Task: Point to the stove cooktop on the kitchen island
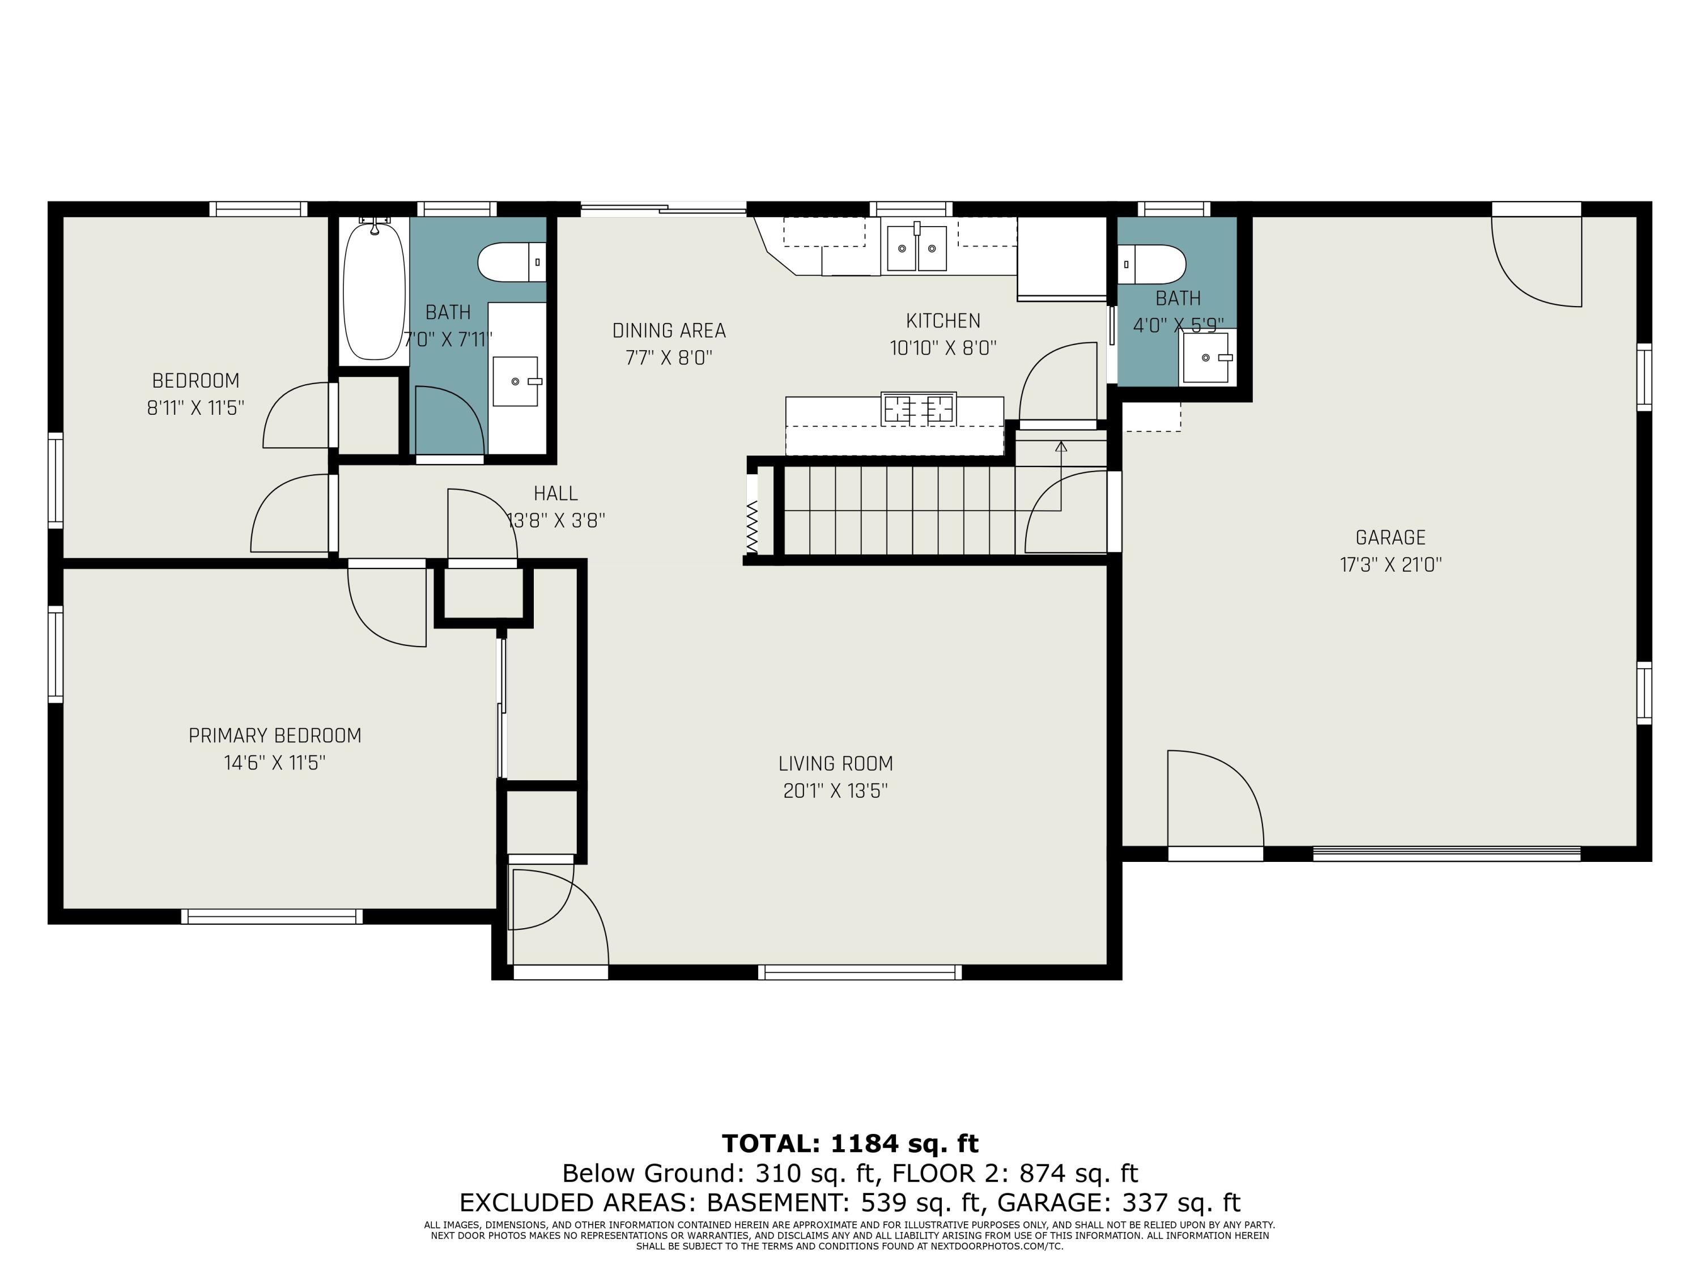pyautogui.click(x=919, y=408)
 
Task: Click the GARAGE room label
pyautogui.click(x=1390, y=538)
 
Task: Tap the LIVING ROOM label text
pyautogui.click(x=835, y=764)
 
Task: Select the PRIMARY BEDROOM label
pyautogui.click(x=275, y=736)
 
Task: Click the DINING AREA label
pyautogui.click(x=669, y=330)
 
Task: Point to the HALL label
pyautogui.click(x=556, y=494)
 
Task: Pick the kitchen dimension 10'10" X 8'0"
pyautogui.click(x=943, y=348)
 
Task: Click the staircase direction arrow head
pyautogui.click(x=1061, y=447)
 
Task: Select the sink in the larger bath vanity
pyautogui.click(x=516, y=381)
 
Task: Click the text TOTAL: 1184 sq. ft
pyautogui.click(x=850, y=1144)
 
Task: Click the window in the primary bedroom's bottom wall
pyautogui.click(x=272, y=916)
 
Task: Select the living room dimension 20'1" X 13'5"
pyautogui.click(x=835, y=791)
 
